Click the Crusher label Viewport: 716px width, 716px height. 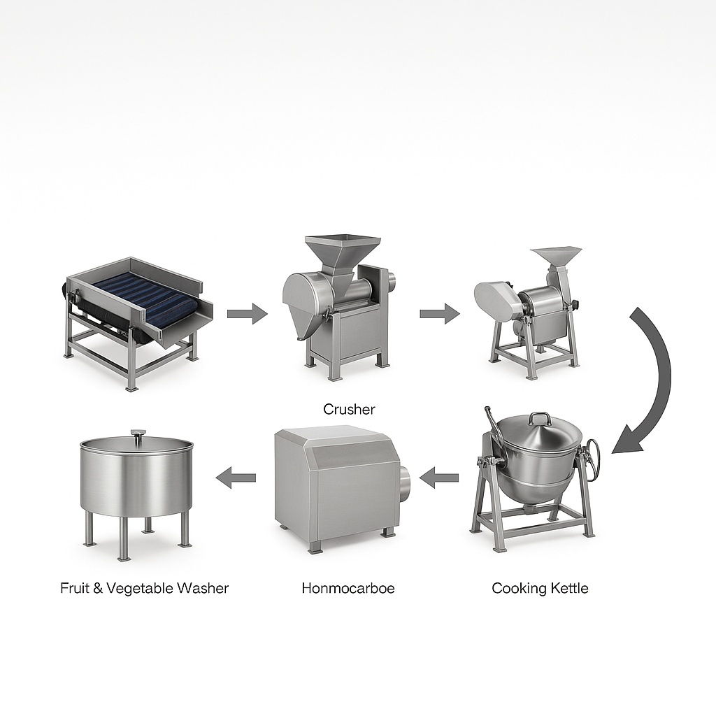tap(349, 409)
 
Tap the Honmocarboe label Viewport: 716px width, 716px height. tap(348, 588)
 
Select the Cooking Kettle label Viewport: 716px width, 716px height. tap(540, 588)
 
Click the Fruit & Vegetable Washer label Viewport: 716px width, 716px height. tap(144, 588)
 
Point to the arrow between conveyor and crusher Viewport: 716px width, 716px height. tap(247, 314)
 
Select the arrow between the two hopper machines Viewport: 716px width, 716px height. tap(439, 314)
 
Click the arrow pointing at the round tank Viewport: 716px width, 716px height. tap(236, 478)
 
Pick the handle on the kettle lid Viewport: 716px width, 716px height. tap(539, 418)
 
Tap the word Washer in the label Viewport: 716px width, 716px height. tap(202, 588)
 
